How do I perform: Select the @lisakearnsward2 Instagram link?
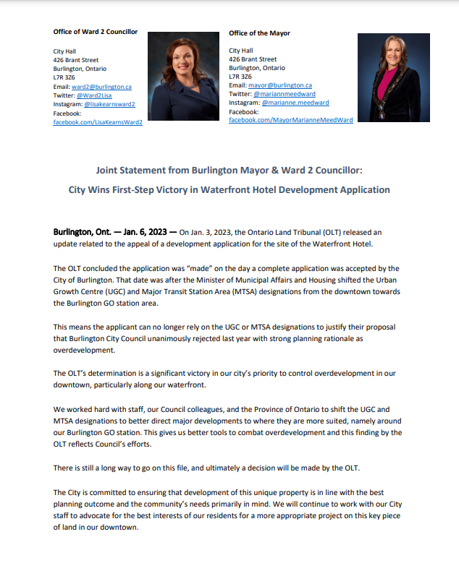tap(110, 105)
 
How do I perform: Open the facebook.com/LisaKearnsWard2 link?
tap(98, 123)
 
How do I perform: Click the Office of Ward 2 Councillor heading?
tap(96, 32)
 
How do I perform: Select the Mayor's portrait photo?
tap(384, 78)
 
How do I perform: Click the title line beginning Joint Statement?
tap(230, 172)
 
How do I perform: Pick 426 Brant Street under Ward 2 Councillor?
tap(77, 60)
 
